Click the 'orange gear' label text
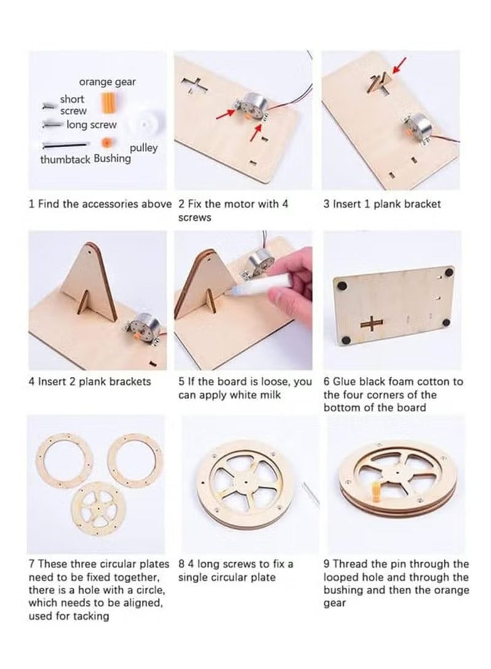[107, 82]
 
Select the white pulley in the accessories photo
[144, 125]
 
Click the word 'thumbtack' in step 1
[65, 160]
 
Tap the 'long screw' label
[91, 125]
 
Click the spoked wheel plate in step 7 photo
[98, 509]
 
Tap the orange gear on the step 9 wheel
[377, 494]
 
